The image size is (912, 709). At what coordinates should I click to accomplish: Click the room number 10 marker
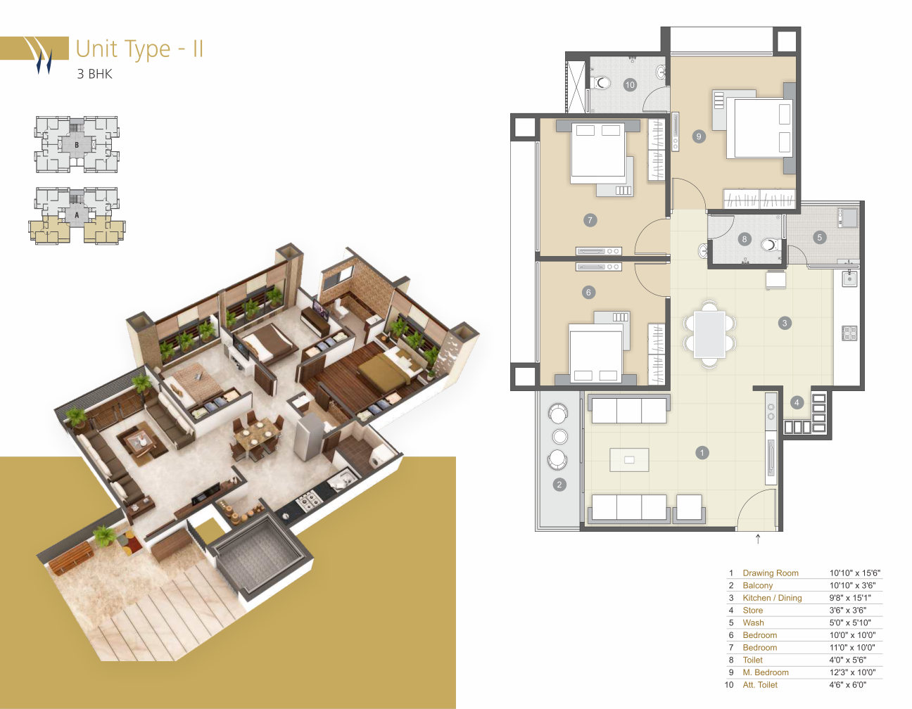[630, 85]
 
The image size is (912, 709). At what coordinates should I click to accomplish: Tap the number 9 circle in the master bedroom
[698, 136]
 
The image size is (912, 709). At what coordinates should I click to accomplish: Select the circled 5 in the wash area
[819, 238]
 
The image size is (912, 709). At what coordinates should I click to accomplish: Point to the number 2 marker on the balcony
[559, 485]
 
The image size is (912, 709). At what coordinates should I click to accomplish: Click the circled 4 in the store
[797, 403]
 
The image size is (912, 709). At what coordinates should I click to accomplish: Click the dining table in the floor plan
[709, 334]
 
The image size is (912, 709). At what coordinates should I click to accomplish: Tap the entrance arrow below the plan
[758, 539]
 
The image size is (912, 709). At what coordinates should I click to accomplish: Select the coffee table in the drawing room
[629, 460]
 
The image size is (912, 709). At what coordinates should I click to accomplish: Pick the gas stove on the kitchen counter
[849, 333]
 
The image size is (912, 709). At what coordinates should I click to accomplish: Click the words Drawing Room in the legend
[771, 573]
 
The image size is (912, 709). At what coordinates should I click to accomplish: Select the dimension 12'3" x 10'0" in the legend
[852, 672]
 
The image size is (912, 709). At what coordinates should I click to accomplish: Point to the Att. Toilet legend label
[760, 685]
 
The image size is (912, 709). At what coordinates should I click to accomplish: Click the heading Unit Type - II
[140, 49]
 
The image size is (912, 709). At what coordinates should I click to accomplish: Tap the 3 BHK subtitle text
[95, 74]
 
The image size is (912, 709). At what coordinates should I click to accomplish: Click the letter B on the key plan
[77, 145]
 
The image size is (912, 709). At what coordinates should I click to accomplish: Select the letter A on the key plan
[77, 215]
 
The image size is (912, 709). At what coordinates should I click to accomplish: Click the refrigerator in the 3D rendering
[310, 435]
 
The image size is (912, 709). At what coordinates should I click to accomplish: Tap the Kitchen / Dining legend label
[772, 598]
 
